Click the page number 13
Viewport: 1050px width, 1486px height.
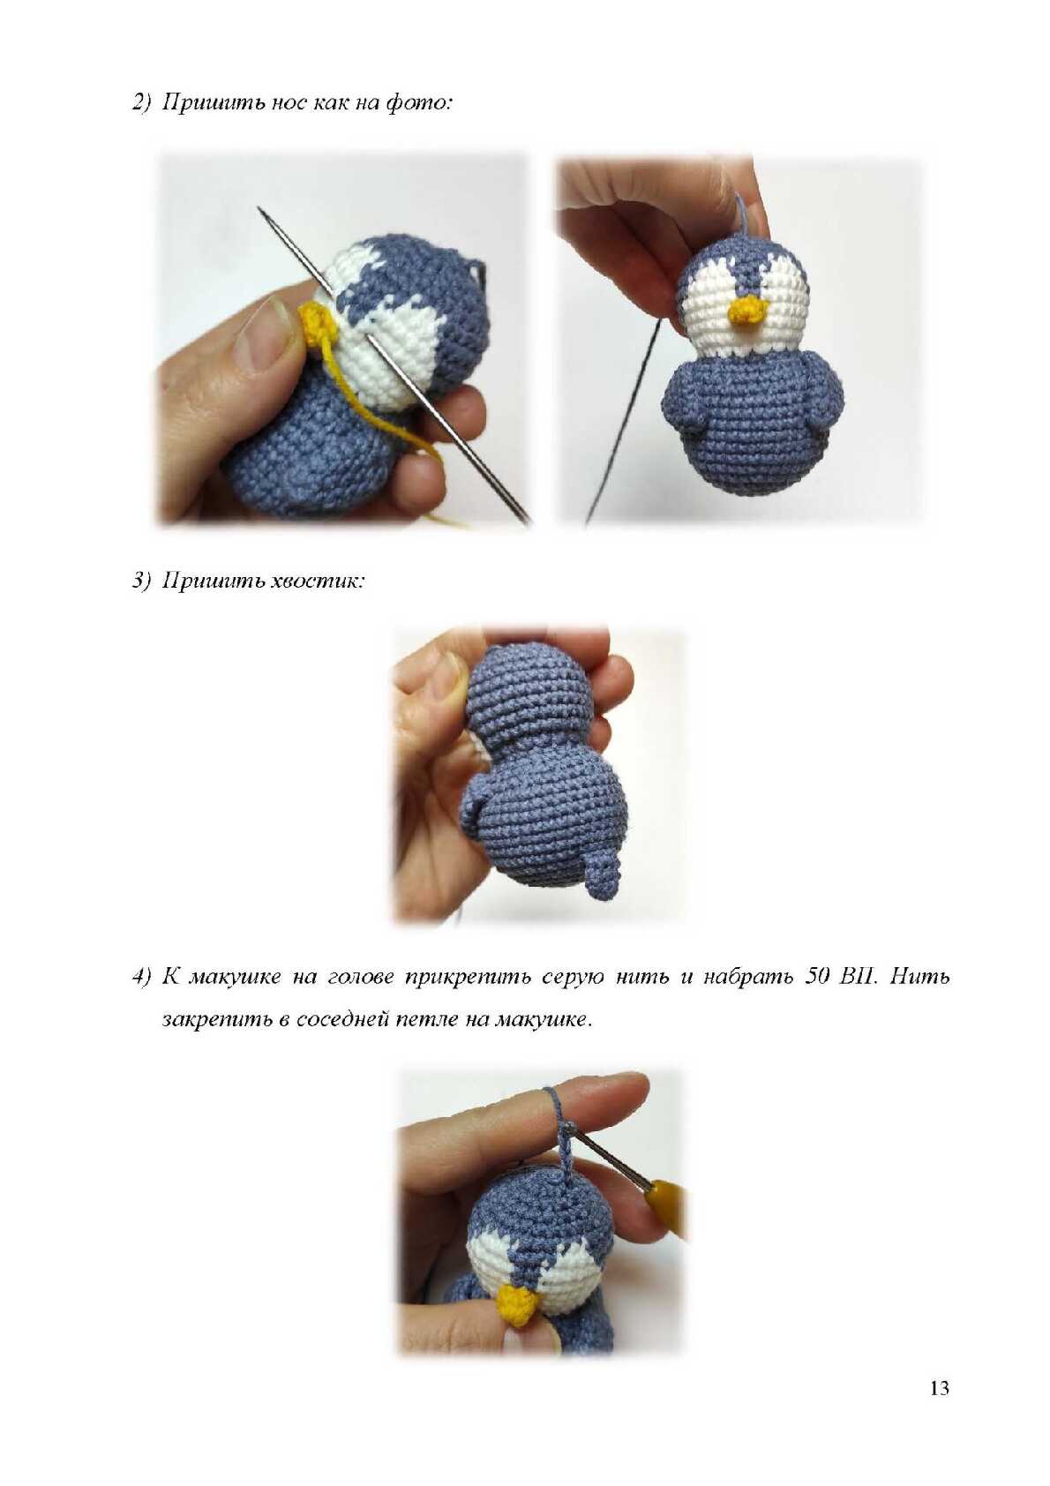coord(939,1388)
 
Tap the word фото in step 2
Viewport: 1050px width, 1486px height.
coord(417,103)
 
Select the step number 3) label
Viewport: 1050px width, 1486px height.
coord(143,582)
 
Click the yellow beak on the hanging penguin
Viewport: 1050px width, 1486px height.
coord(749,311)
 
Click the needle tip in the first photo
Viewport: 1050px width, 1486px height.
coord(259,207)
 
